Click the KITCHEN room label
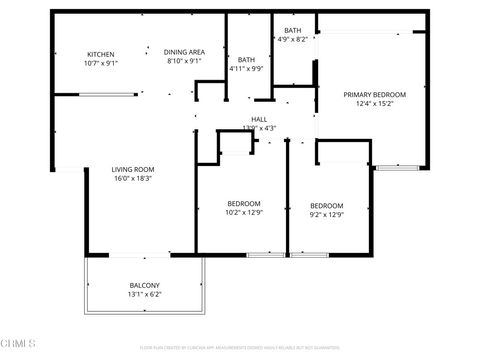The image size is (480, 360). pyautogui.click(x=100, y=54)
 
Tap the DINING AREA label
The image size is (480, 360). pyautogui.click(x=185, y=51)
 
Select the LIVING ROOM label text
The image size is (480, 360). pyautogui.click(x=132, y=170)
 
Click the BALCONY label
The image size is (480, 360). pyautogui.click(x=144, y=285)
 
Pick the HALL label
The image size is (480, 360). pyautogui.click(x=259, y=119)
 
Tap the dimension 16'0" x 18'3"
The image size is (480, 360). pyautogui.click(x=132, y=180)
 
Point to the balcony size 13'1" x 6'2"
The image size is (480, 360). pyautogui.click(x=144, y=295)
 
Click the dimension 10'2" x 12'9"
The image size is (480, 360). pyautogui.click(x=244, y=213)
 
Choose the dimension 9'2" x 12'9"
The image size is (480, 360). pyautogui.click(x=326, y=214)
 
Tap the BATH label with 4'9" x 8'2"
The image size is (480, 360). pyautogui.click(x=293, y=31)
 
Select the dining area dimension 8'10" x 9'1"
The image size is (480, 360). pyautogui.click(x=185, y=60)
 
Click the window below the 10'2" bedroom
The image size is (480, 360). pyautogui.click(x=264, y=255)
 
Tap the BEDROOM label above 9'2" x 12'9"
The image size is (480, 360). pyautogui.click(x=326, y=205)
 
